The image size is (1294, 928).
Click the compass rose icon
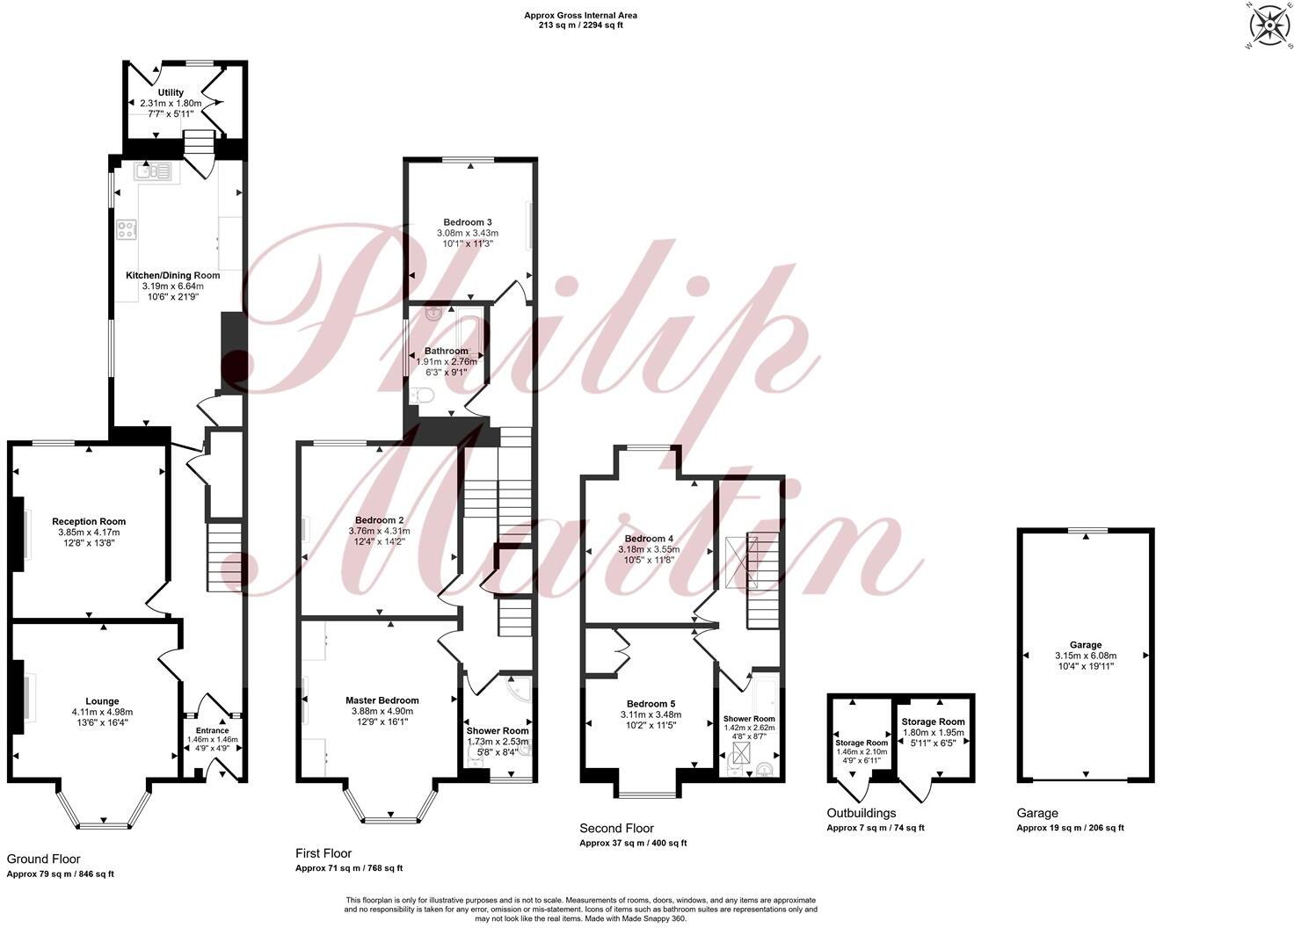(x=1267, y=26)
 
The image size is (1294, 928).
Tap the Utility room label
(x=171, y=92)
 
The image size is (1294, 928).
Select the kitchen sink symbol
(x=156, y=171)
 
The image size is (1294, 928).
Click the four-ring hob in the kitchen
(x=127, y=230)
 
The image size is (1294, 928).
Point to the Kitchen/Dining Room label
(x=172, y=275)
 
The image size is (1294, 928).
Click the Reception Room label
(x=89, y=521)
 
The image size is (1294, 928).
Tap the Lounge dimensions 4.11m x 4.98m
(x=102, y=712)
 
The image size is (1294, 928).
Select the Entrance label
(x=212, y=730)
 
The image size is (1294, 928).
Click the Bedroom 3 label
(x=467, y=221)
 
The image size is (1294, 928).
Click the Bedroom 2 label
(x=379, y=519)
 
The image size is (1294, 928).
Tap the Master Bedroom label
(x=382, y=700)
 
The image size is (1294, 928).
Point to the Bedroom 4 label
(x=649, y=539)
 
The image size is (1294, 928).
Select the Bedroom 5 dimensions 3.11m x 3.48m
(x=649, y=714)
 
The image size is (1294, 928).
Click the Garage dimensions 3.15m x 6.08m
(x=1086, y=656)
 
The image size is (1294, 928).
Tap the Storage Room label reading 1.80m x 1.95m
(x=934, y=732)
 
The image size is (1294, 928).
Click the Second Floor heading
(x=616, y=828)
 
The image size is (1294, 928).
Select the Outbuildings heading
(x=861, y=813)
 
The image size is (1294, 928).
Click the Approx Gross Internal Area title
(x=580, y=15)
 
